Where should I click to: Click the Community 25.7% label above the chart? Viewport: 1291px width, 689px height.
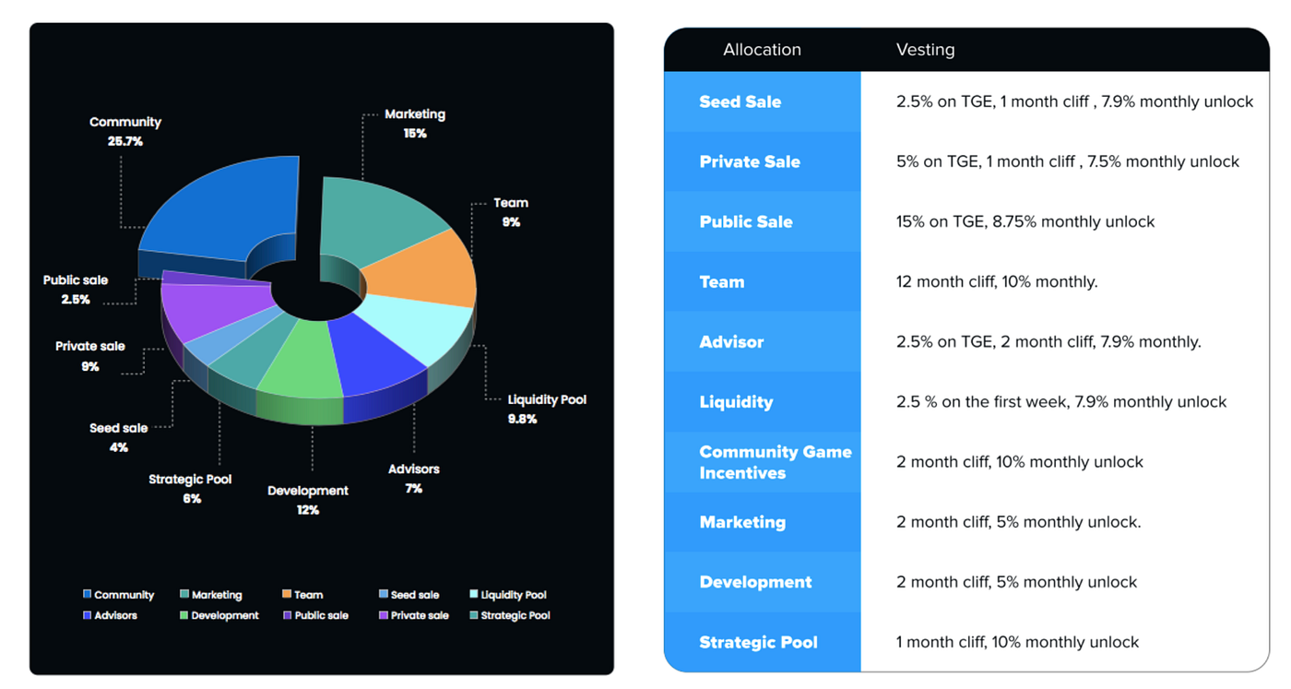(125, 132)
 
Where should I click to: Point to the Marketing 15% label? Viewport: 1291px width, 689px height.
(415, 124)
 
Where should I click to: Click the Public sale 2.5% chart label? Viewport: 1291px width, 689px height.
(76, 290)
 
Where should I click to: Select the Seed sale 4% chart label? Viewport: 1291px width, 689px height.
(119, 437)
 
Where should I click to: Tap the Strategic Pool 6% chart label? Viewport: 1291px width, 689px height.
(190, 488)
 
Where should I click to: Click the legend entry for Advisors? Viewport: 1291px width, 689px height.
(110, 615)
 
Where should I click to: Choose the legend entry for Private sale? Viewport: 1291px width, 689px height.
(413, 615)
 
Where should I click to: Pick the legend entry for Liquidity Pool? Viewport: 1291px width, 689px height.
(508, 594)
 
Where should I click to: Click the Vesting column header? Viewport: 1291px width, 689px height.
(925, 50)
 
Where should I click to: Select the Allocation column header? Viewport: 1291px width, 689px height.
(762, 50)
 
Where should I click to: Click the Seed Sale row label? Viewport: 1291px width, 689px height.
(740, 102)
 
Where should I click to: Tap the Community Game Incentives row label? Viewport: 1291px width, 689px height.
(776, 462)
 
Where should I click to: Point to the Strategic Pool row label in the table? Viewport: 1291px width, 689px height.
(758, 642)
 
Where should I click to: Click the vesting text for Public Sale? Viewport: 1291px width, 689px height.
(1025, 222)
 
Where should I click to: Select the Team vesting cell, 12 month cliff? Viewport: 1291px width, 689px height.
(997, 282)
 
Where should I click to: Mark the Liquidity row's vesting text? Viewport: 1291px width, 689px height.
(1061, 402)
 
